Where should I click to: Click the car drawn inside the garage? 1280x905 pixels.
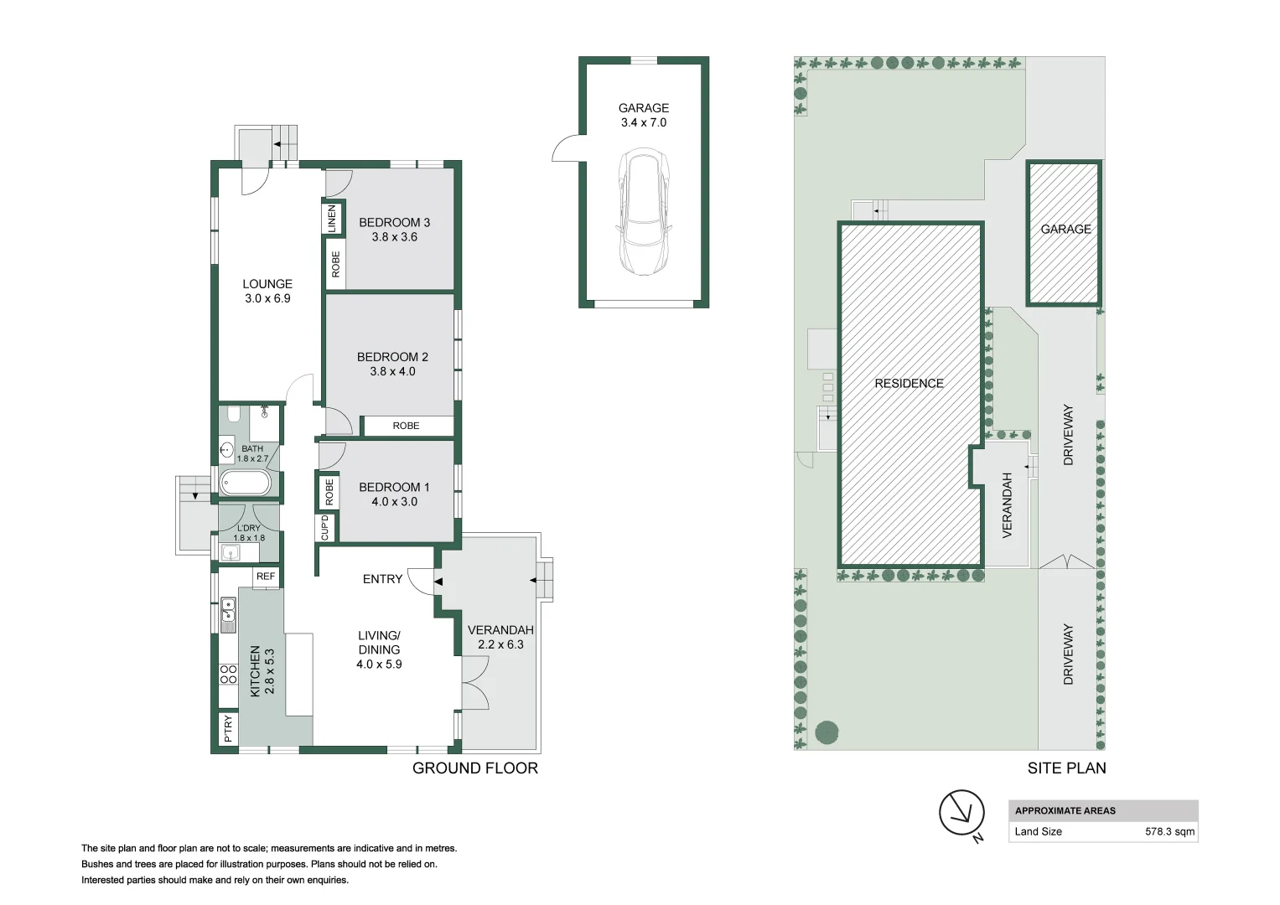[644, 212]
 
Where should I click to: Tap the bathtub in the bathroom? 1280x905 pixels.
[246, 483]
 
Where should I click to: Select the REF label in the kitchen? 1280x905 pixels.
[266, 577]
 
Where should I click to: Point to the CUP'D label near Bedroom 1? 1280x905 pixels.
[325, 528]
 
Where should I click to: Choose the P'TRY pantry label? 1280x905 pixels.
[228, 728]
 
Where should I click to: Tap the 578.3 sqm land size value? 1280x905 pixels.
[1169, 831]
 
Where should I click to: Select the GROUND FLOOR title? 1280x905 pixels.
[475, 768]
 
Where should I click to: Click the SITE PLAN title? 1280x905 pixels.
[1067, 768]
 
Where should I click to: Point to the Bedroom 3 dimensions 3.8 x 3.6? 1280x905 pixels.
[394, 236]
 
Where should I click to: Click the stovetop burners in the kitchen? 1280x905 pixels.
[229, 675]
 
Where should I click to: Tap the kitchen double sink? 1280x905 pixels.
[228, 615]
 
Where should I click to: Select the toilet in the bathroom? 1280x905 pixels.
[234, 414]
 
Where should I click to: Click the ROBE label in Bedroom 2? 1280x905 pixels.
[406, 426]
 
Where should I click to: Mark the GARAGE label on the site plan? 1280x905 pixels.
[1065, 229]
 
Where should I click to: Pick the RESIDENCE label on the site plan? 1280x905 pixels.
[909, 384]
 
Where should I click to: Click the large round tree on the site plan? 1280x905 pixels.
[827, 732]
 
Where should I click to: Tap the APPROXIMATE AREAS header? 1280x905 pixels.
[1065, 811]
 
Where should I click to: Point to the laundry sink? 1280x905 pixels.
[231, 553]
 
